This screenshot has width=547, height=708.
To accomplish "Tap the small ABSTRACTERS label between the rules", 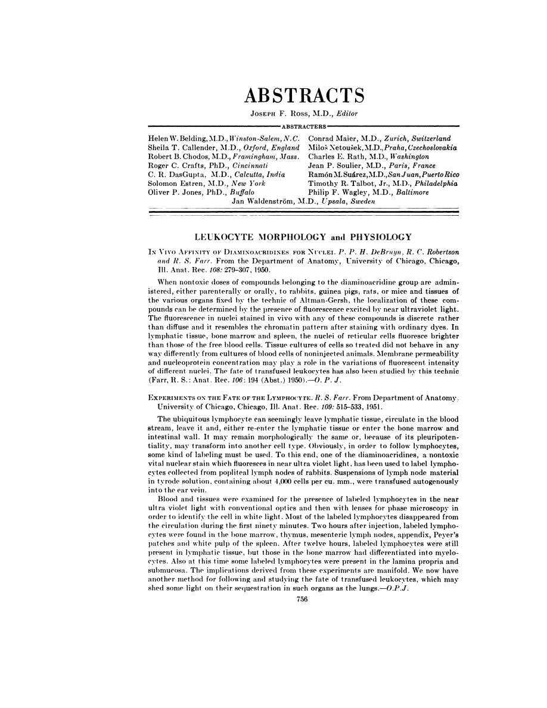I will click(x=304, y=126).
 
